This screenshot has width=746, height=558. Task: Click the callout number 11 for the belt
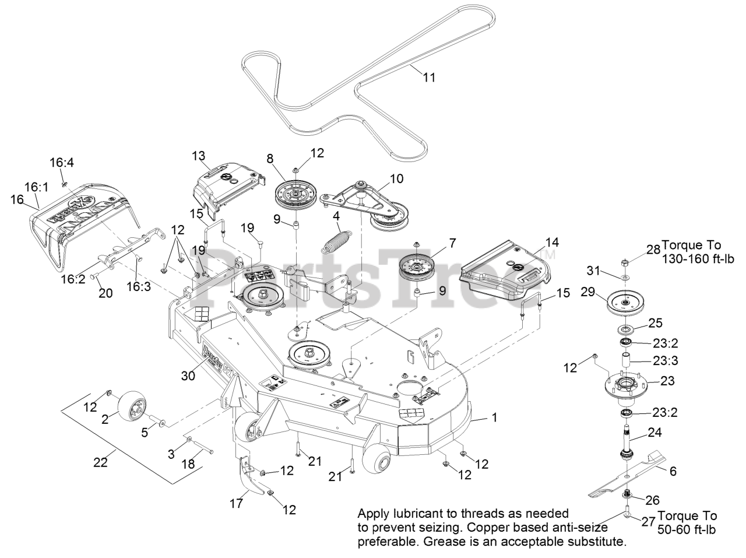(x=429, y=77)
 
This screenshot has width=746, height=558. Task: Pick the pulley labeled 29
(x=624, y=301)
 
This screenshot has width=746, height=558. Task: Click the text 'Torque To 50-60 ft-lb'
(x=687, y=522)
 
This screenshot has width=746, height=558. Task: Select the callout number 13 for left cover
(x=199, y=156)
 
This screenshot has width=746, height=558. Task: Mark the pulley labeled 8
(x=297, y=192)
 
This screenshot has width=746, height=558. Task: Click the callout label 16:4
(x=62, y=164)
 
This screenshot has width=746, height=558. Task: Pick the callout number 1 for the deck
(x=495, y=417)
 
